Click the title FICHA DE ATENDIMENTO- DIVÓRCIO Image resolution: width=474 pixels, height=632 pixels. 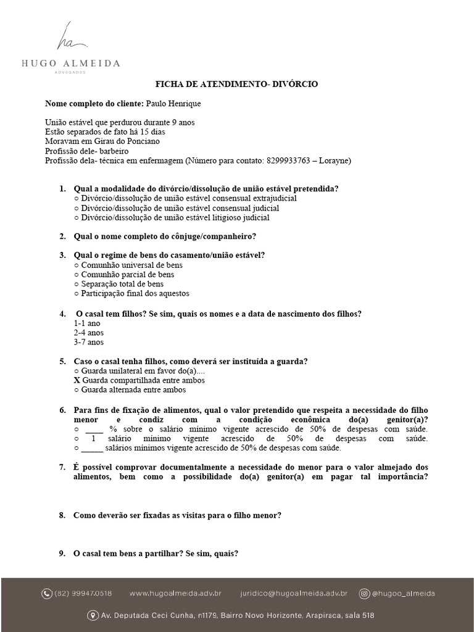[236, 83]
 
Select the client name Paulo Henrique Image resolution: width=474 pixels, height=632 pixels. [173, 103]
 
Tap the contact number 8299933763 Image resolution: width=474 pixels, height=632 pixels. [290, 160]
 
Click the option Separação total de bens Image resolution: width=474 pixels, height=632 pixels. [118, 284]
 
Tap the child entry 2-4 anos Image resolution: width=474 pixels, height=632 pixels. [89, 333]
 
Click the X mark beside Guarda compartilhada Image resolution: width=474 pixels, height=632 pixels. [77, 380]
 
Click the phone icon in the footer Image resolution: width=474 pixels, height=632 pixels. [47, 594]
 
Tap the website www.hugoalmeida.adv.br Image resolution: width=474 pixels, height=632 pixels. [175, 594]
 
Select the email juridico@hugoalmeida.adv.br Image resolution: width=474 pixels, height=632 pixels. [293, 594]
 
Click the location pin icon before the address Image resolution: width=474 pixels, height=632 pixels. [94, 615]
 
